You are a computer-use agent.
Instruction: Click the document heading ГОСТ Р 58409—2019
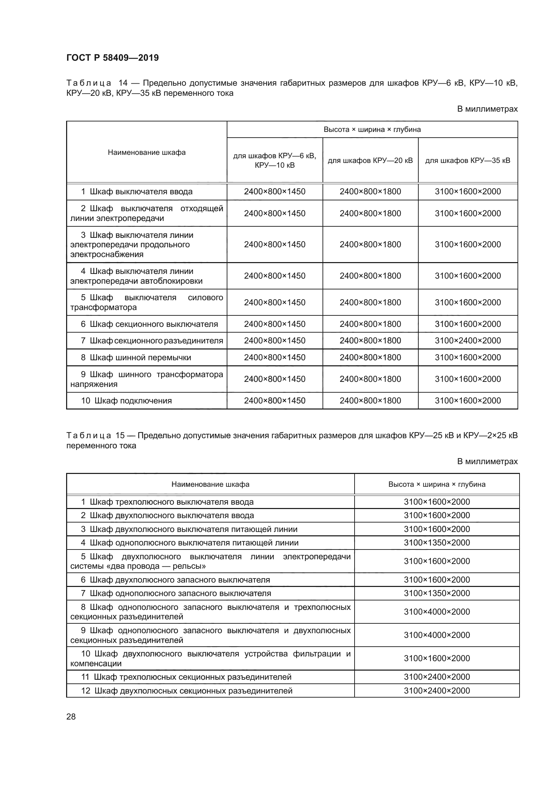112,58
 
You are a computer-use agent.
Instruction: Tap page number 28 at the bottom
71,716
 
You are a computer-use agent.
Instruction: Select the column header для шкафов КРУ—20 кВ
370,161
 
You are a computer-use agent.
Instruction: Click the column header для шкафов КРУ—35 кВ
468,161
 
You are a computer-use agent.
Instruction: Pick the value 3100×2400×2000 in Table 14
468,341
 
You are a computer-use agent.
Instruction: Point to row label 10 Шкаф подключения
127,401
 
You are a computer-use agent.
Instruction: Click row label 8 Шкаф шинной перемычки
136,357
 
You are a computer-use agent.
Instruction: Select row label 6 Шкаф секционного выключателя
149,324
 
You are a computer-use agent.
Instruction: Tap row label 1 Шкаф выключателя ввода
137,192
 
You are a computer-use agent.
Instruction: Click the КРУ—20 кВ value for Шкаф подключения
370,401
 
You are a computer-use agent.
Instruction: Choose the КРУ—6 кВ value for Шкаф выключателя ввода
275,192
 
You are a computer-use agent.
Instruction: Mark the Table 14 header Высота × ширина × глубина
372,130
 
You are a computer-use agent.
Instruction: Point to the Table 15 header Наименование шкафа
210,484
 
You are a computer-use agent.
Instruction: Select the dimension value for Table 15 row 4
437,543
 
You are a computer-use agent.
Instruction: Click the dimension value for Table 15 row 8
437,612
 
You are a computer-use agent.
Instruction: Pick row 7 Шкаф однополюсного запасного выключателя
176,593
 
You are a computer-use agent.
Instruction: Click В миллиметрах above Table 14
487,109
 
